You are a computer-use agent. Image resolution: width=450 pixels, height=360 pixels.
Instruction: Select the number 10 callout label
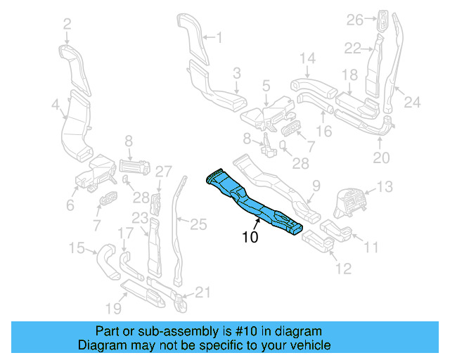[x=250, y=238]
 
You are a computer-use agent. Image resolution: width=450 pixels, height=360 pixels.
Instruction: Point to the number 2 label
[x=67, y=25]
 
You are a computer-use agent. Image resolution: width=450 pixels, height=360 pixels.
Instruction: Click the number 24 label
[x=411, y=102]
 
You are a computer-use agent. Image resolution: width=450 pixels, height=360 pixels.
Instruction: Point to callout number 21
[x=202, y=292]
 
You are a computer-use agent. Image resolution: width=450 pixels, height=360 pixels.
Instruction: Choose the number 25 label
[x=199, y=224]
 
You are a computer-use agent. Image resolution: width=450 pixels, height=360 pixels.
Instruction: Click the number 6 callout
[x=70, y=205]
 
